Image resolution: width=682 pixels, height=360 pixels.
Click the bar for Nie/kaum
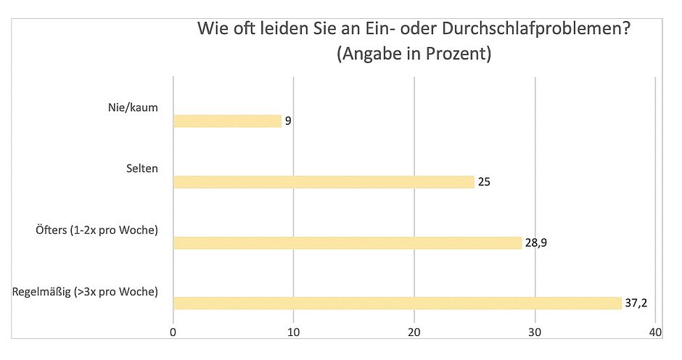click(227, 121)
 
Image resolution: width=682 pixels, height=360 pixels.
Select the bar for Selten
click(324, 182)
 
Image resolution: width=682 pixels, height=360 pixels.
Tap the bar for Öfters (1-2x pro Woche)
click(347, 242)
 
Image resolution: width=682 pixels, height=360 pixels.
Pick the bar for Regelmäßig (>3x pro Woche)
click(397, 303)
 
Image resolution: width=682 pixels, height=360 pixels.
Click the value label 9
click(288, 121)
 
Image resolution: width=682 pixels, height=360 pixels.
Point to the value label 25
click(484, 182)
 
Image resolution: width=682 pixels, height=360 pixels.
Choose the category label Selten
click(142, 169)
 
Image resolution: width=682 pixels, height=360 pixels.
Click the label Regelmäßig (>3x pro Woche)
click(86, 292)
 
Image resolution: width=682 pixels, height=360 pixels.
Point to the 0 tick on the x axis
click(173, 332)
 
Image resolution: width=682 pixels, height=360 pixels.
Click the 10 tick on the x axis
click(293, 332)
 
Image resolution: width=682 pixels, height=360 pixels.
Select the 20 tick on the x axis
click(414, 332)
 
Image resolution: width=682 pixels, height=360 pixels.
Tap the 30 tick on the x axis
click(535, 332)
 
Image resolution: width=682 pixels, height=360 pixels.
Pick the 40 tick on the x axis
click(655, 332)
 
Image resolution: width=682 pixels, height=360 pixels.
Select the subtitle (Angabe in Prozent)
click(414, 54)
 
